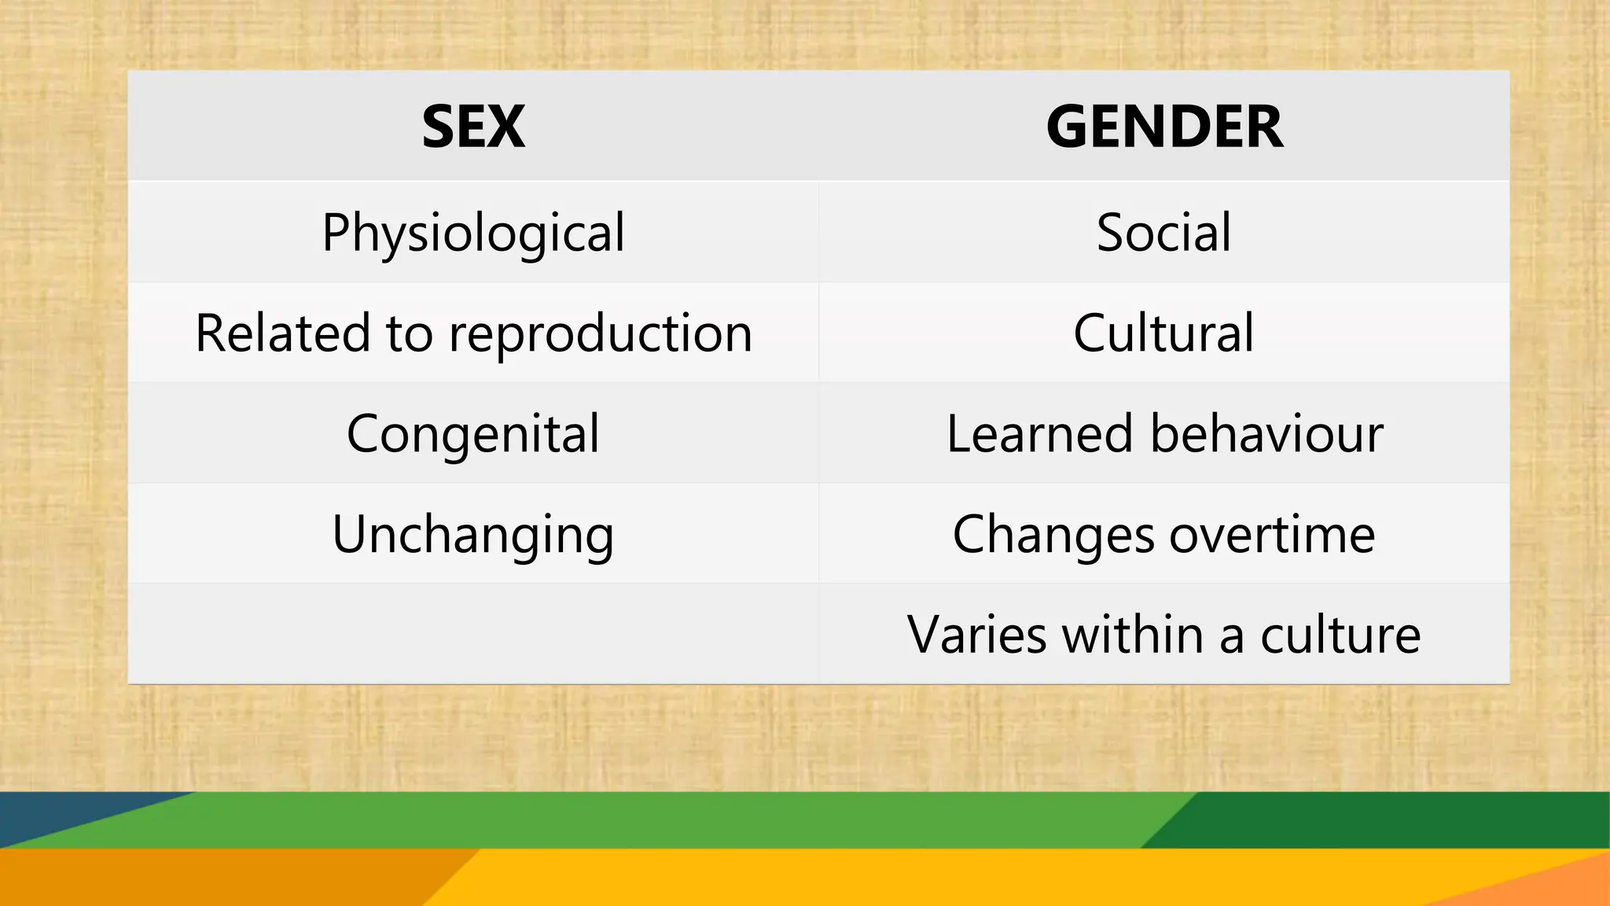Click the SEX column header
[x=473, y=127]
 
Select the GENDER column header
[x=1164, y=127]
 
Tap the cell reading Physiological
[x=473, y=233]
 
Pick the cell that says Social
[x=1164, y=233]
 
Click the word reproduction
[x=600, y=333]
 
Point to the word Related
[x=281, y=333]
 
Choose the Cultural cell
[x=1164, y=333]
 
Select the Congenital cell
[x=473, y=433]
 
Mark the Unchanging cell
[x=473, y=535]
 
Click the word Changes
[x=1053, y=535]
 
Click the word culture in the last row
[x=1340, y=635]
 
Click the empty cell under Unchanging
[x=473, y=634]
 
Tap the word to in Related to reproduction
[x=409, y=333]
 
